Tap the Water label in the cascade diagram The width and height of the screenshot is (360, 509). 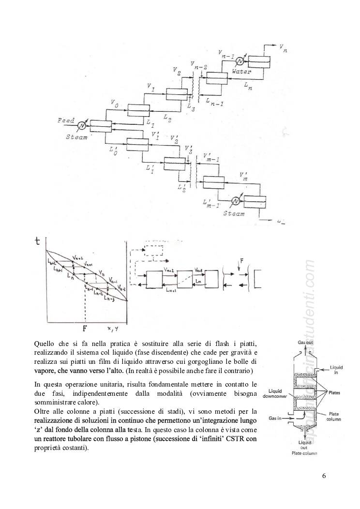(x=241, y=72)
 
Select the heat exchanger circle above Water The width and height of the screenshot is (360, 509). (x=239, y=61)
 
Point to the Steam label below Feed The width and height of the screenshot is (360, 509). (x=77, y=137)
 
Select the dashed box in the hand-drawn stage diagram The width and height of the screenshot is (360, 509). (x=154, y=249)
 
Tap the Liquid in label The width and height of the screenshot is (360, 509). (x=338, y=370)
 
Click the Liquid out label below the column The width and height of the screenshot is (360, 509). (x=304, y=445)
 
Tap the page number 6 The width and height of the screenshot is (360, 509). (x=324, y=476)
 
